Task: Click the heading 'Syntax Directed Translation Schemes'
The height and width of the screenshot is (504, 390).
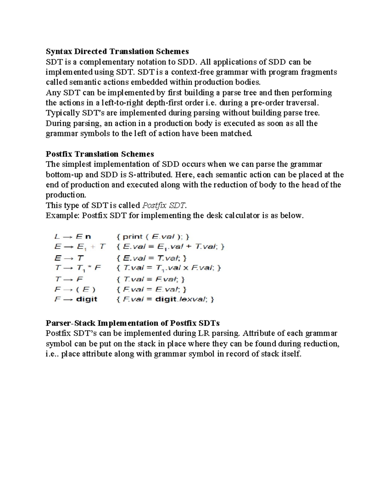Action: [x=117, y=51]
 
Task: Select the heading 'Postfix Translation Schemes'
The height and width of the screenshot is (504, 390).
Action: [x=100, y=154]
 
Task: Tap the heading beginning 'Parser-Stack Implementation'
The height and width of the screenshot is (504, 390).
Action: [x=133, y=323]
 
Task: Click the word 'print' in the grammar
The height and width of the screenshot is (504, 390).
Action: [x=133, y=237]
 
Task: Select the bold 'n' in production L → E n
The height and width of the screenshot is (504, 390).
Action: [x=88, y=237]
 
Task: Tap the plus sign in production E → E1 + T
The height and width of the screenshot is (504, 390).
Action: [x=93, y=247]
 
